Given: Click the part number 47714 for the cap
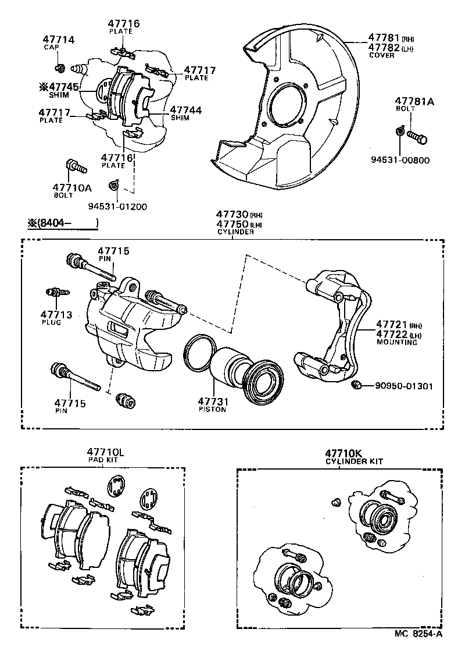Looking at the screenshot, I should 58,40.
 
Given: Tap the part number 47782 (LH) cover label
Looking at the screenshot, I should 384,47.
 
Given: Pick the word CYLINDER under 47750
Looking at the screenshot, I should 235,232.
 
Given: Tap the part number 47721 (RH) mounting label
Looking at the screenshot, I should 392,324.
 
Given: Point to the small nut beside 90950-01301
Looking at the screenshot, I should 357,385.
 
